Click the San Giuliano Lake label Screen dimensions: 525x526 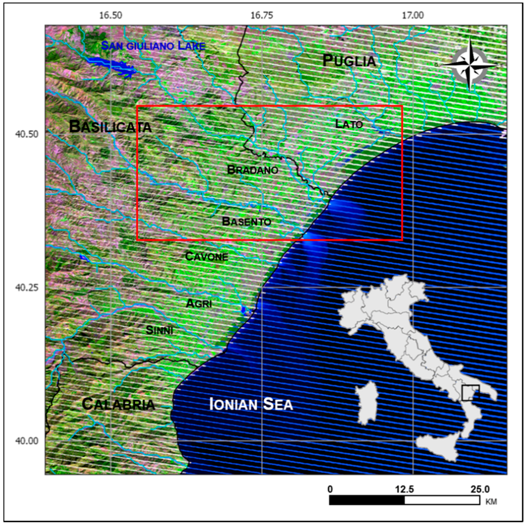coord(153,46)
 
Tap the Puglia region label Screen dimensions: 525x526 coord(349,61)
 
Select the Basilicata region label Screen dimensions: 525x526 coord(110,127)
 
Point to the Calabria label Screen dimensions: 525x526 coord(118,404)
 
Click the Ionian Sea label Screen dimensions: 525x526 coord(251,404)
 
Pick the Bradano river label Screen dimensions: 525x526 coord(253,170)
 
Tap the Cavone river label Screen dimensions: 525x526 coord(207,256)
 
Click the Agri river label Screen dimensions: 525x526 coord(199,303)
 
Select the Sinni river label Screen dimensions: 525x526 coord(159,330)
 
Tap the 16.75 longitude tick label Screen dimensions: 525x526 coord(262,15)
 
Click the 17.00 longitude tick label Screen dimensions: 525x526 coord(413,15)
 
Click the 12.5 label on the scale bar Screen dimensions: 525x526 coord(404,489)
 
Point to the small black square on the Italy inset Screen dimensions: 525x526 coord(470,393)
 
